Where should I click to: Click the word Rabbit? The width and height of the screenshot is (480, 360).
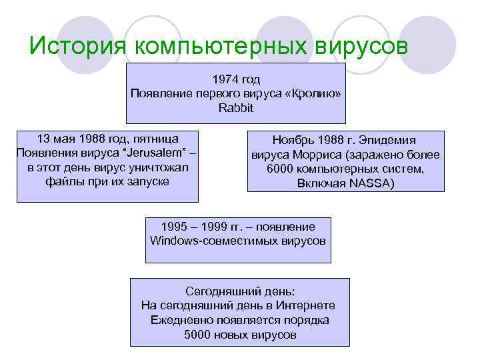(x=236, y=107)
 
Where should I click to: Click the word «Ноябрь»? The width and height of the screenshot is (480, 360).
(x=293, y=141)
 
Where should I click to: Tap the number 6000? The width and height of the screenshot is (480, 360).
(x=281, y=169)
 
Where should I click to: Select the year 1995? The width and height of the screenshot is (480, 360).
(x=175, y=226)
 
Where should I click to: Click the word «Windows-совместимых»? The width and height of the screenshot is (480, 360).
(x=204, y=240)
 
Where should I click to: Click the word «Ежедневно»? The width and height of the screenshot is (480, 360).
(x=179, y=319)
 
